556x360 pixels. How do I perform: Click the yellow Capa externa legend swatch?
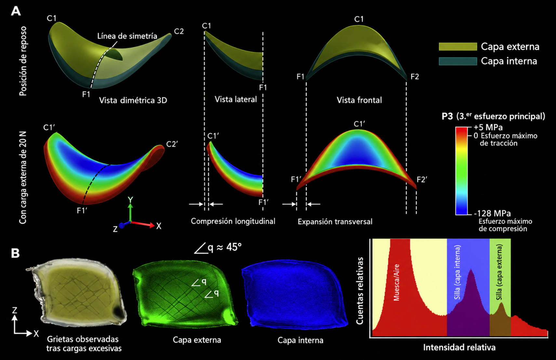click(458, 47)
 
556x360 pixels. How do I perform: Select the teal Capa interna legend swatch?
click(458, 61)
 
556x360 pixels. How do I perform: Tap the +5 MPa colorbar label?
click(488, 127)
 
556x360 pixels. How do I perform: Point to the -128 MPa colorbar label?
click(492, 213)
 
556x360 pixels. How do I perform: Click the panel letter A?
click(16, 11)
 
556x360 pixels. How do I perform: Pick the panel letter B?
click(15, 253)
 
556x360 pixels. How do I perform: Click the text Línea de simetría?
click(127, 36)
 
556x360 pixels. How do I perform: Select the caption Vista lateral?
click(235, 100)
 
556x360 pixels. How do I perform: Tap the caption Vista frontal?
click(359, 100)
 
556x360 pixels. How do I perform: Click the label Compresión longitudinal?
click(233, 221)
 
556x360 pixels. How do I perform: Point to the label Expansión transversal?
click(335, 221)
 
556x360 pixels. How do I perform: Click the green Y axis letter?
click(130, 200)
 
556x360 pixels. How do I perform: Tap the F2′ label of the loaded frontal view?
click(422, 180)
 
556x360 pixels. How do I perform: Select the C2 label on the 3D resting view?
click(179, 32)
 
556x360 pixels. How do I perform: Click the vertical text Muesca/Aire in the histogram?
click(396, 282)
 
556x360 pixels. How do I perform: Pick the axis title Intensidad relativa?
click(459, 347)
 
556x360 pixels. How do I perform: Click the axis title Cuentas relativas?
click(360, 291)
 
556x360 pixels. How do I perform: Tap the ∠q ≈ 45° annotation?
click(218, 247)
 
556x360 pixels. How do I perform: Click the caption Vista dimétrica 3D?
click(133, 100)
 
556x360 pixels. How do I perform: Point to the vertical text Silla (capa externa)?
click(499, 272)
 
